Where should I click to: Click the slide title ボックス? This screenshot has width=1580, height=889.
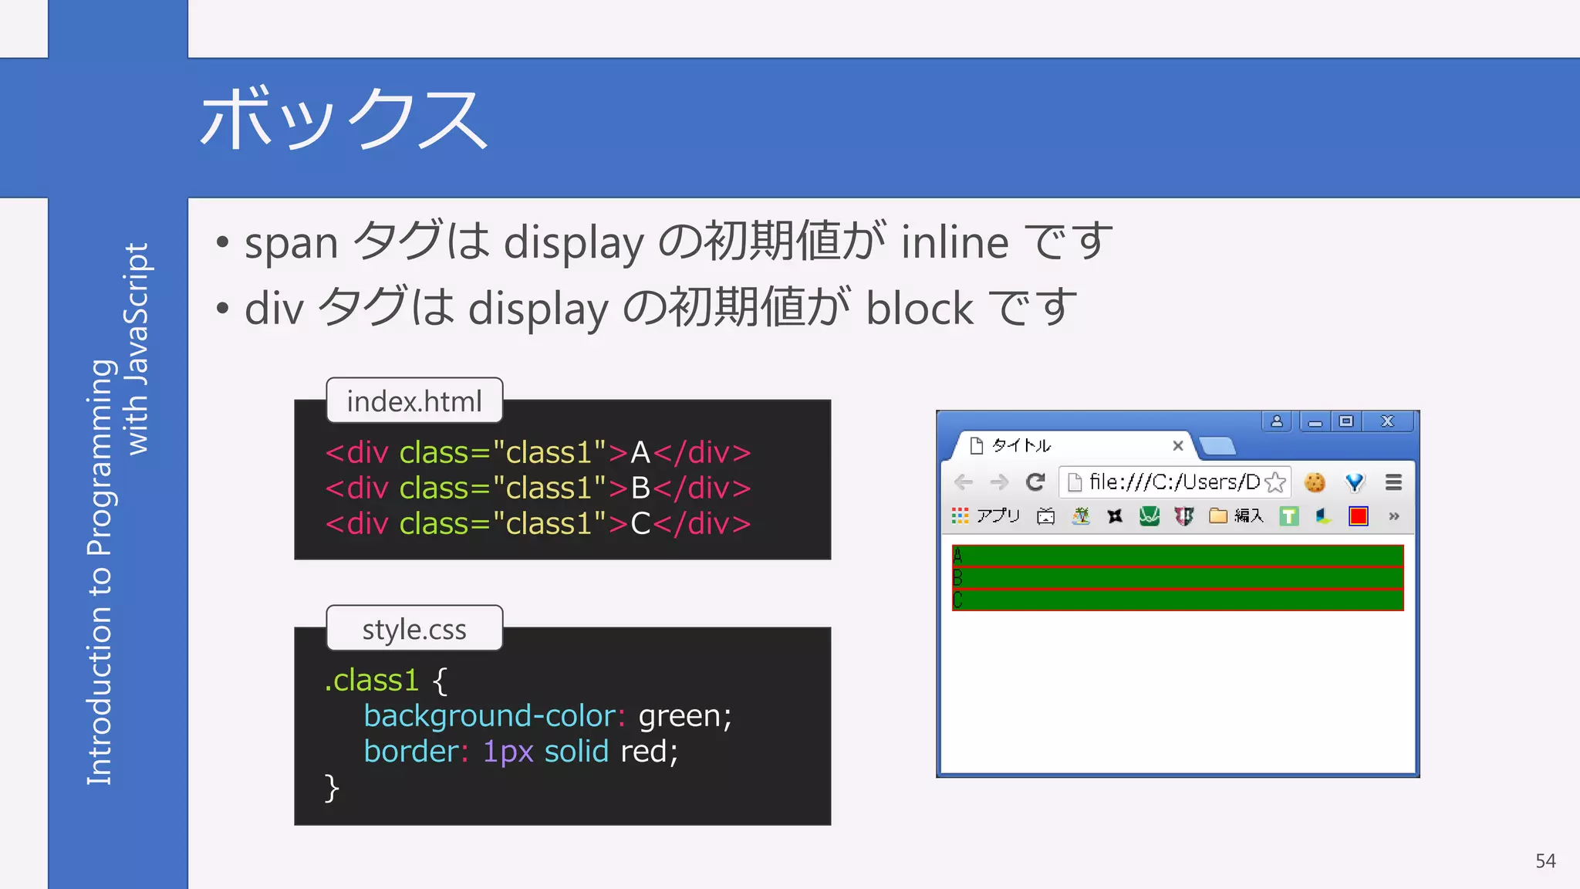344,120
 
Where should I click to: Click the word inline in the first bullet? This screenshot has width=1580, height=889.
954,242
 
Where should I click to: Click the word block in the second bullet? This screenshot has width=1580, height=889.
920,309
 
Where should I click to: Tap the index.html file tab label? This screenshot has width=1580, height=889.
414,401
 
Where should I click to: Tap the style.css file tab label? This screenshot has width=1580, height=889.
414,629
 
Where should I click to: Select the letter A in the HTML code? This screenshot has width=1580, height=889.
640,453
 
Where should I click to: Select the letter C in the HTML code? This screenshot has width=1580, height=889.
640,524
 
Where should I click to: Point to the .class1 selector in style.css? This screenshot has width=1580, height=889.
372,681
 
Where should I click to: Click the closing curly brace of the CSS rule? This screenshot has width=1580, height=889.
332,788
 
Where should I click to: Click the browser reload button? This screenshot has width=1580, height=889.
1035,482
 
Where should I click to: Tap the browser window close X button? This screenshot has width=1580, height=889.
1387,421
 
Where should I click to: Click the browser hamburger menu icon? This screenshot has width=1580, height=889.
1393,482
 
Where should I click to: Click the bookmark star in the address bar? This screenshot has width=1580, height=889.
1275,482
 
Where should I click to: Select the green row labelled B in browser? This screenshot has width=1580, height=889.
1177,578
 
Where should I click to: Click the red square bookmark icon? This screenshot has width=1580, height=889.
1358,516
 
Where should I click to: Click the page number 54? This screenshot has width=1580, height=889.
1545,860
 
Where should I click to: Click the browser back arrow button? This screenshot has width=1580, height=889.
964,482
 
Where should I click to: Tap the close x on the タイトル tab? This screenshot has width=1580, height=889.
1177,445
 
